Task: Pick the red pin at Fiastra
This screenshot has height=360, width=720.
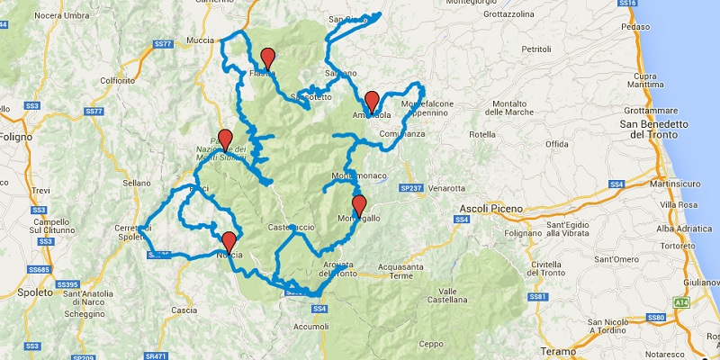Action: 266,58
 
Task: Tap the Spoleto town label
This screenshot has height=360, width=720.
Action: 20,293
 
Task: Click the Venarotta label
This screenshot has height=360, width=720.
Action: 446,188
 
